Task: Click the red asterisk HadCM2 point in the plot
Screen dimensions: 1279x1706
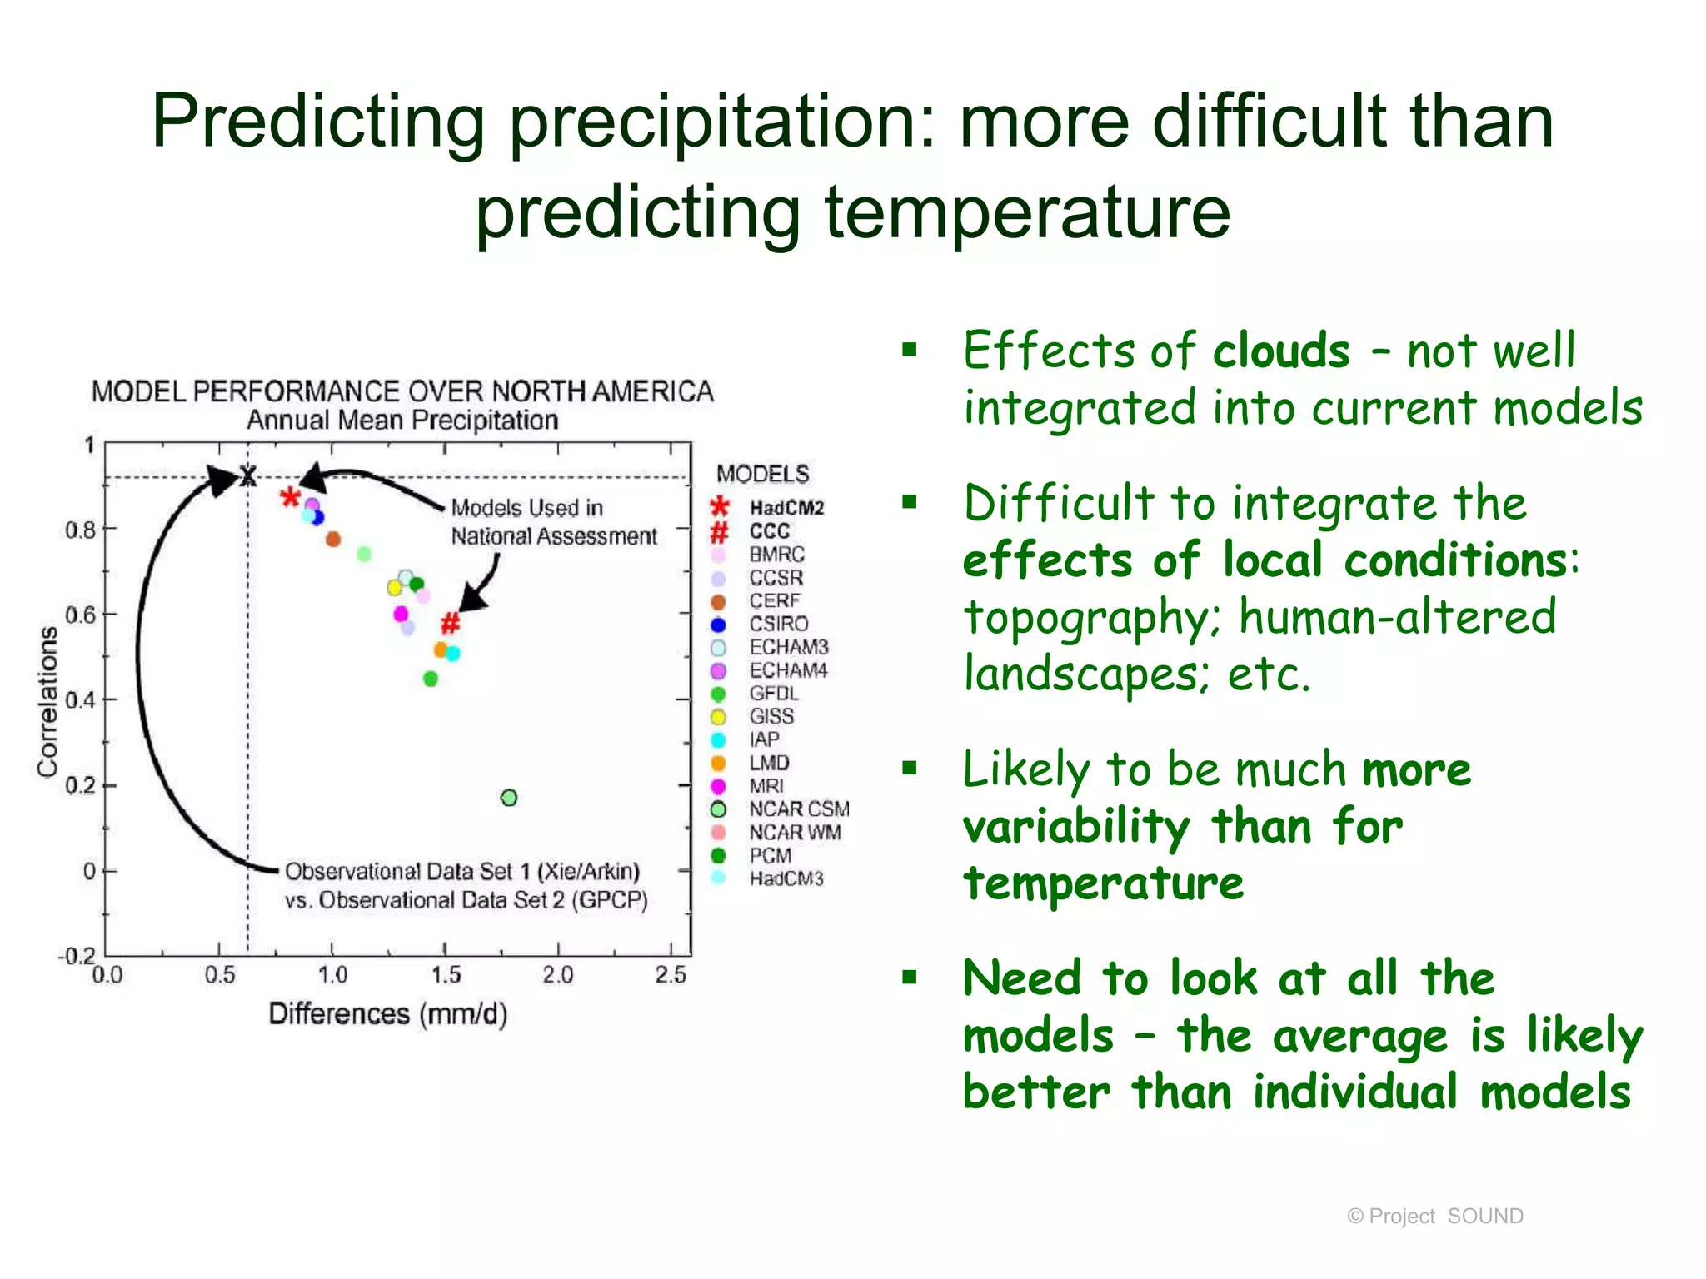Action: [289, 498]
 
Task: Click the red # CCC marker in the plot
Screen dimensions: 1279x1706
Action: [450, 622]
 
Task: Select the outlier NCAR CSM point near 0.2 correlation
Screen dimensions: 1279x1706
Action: [509, 798]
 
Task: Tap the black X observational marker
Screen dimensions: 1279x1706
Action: [248, 476]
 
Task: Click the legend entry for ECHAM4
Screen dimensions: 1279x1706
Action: [787, 670]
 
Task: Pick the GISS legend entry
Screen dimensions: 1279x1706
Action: [771, 716]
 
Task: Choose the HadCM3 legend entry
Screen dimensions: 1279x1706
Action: [786, 878]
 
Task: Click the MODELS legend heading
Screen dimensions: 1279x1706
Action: [762, 474]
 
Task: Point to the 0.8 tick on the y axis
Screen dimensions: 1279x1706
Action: [81, 530]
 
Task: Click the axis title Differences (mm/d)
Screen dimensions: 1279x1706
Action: [387, 1013]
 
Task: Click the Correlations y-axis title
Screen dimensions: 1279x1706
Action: [47, 702]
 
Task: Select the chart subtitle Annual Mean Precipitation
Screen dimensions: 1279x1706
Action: [402, 420]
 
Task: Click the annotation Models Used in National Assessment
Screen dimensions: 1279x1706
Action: [553, 522]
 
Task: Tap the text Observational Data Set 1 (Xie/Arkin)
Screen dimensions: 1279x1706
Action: [462, 871]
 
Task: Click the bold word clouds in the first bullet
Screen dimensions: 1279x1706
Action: [1280, 351]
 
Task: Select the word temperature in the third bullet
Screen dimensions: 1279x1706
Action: [1103, 883]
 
